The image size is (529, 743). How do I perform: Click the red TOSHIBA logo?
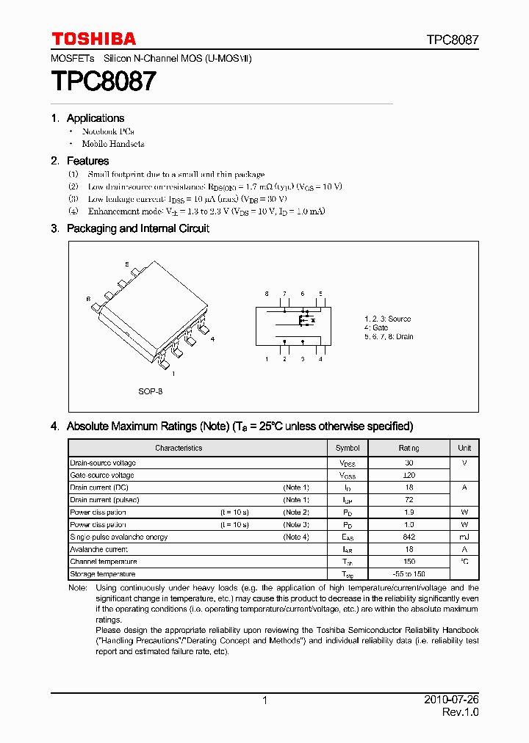point(93,39)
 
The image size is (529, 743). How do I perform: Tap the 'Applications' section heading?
point(96,118)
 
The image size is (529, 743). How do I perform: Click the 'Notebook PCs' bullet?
point(108,131)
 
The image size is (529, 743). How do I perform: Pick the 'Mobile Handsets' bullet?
point(113,144)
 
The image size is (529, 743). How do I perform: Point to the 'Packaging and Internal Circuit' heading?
point(138,228)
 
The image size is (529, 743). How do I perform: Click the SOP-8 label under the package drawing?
point(150,391)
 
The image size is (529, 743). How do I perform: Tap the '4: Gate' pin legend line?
point(376,327)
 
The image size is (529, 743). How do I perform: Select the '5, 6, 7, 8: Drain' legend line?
point(389,336)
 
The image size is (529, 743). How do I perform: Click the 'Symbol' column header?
point(348,448)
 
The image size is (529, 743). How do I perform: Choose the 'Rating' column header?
point(409,448)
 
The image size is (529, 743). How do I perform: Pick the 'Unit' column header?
point(464,448)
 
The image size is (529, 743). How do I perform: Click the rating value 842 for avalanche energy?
point(409,537)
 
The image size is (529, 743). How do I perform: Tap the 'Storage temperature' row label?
point(103,574)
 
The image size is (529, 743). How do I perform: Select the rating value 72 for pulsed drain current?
point(409,500)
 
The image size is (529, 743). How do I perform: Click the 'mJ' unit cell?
point(464,537)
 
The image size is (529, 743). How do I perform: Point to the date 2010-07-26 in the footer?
point(452,700)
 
